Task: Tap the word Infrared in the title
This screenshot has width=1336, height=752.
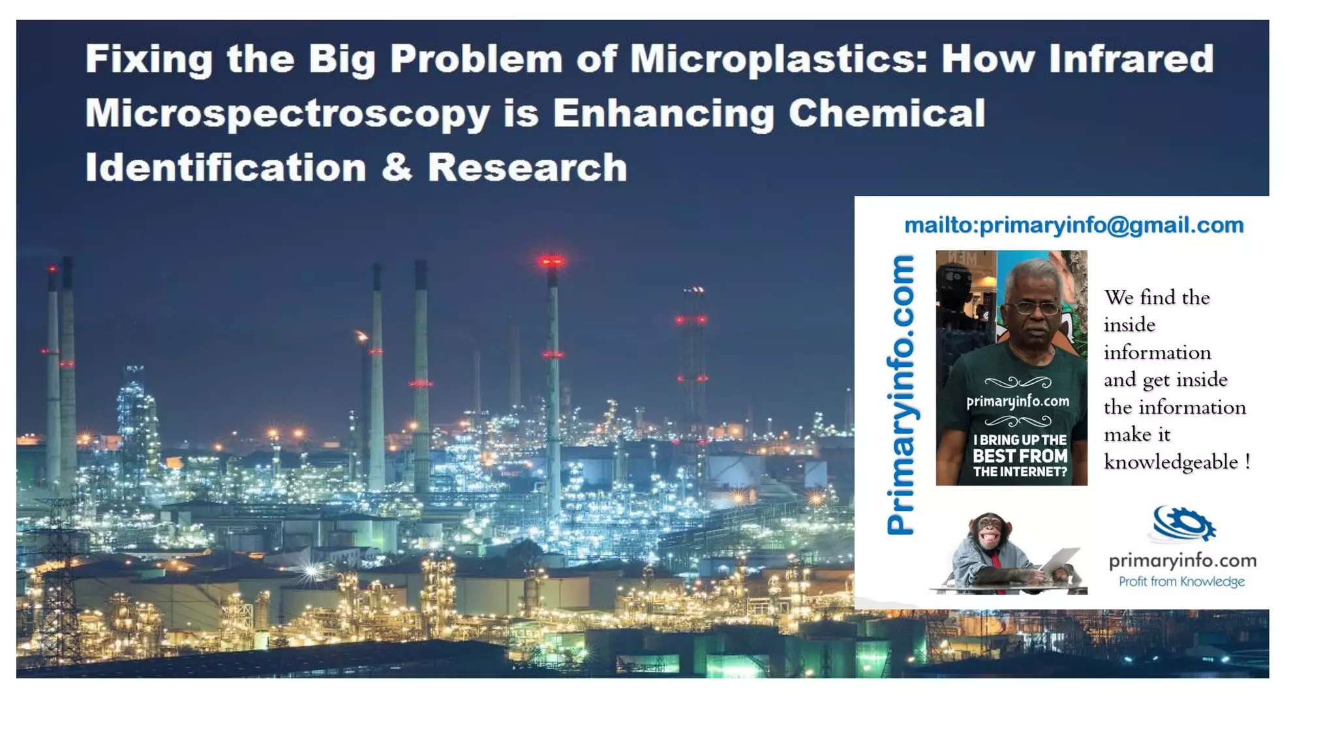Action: point(1131,59)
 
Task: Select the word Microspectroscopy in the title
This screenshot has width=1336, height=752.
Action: point(288,114)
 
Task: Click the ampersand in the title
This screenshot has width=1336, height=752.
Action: point(397,168)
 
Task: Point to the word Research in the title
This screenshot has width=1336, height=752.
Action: point(527,168)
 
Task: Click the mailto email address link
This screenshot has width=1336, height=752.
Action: point(1074,225)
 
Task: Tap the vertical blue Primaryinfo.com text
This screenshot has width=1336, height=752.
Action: point(901,395)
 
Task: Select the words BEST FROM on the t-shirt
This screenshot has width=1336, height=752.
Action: point(1020,456)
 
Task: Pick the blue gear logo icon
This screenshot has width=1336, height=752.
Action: point(1183,524)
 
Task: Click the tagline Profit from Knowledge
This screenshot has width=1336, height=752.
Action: point(1181,582)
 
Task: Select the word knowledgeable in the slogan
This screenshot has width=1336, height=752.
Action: point(1170,462)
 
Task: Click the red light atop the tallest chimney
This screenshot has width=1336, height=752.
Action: point(552,262)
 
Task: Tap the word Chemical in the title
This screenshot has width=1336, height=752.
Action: point(887,114)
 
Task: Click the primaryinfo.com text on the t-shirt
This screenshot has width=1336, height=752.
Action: point(1018,401)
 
